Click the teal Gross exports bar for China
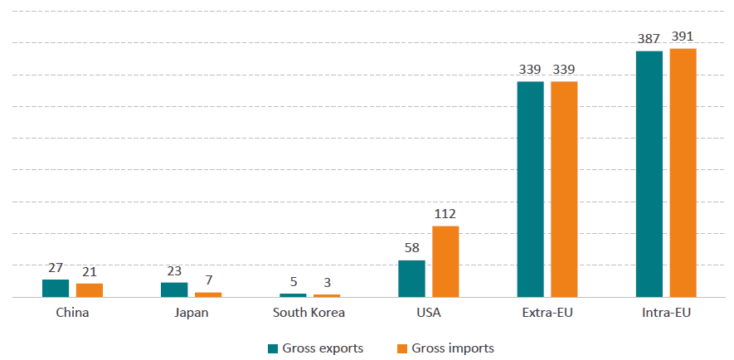point(56,288)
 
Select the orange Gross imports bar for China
point(90,289)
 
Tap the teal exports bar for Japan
point(174,289)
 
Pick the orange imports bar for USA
point(445,261)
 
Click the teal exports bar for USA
point(411,279)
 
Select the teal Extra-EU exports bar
point(530,189)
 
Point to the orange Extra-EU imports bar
point(564,189)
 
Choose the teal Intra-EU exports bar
point(649,174)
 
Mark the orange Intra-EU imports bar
point(683,173)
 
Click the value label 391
point(683,36)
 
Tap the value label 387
point(649,39)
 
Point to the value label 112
point(445,214)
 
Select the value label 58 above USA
point(411,249)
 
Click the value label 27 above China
point(56,268)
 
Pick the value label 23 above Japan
point(174,270)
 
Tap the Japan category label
point(192,314)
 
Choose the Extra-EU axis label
point(547,314)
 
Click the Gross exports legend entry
point(315,348)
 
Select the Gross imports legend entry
point(445,348)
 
